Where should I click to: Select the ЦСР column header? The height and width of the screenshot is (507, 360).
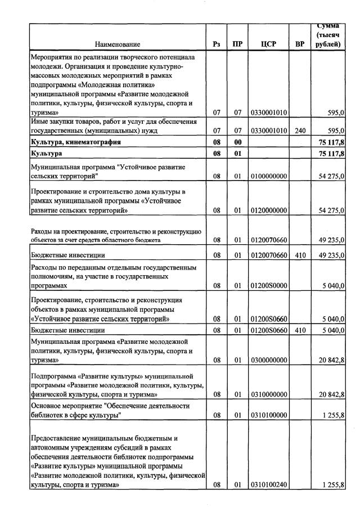[x=268, y=44]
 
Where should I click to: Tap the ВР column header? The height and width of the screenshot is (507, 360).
[x=300, y=44]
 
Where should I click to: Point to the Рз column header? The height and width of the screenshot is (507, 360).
[x=217, y=44]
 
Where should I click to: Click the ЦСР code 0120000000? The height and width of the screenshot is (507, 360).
[x=268, y=210]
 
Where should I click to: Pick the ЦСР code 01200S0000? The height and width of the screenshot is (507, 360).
[x=268, y=286]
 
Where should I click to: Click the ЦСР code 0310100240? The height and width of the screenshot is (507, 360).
[x=268, y=484]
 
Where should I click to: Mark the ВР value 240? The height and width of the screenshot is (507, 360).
[x=300, y=131]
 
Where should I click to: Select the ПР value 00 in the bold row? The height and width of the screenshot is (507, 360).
[x=237, y=142]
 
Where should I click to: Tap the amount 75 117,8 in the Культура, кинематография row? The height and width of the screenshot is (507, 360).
[x=332, y=142]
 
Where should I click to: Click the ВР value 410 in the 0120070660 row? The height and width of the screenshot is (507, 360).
[x=300, y=255]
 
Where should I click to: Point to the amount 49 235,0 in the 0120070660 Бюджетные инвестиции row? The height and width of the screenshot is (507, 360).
[x=332, y=255]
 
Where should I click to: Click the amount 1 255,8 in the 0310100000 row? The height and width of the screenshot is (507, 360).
[x=332, y=415]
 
